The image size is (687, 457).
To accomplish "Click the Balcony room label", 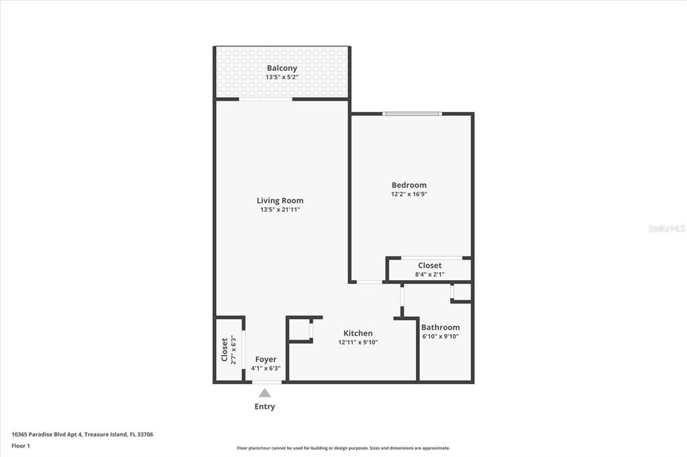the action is pyautogui.click(x=282, y=68).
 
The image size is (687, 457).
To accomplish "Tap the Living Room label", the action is pyautogui.click(x=280, y=200).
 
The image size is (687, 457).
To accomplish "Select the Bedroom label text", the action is pyautogui.click(x=409, y=185).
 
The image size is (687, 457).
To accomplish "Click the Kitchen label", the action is pyautogui.click(x=358, y=333).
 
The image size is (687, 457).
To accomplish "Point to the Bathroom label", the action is pyautogui.click(x=440, y=328).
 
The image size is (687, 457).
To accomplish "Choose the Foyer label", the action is pyautogui.click(x=266, y=359).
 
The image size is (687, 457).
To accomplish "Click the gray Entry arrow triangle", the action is pyautogui.click(x=264, y=393).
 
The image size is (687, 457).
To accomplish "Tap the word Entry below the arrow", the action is pyautogui.click(x=264, y=407).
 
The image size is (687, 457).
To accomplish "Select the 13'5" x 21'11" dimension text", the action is pyautogui.click(x=280, y=210).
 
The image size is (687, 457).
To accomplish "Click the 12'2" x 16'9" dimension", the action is pyautogui.click(x=409, y=194).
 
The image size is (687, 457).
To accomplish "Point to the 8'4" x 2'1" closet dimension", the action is pyautogui.click(x=430, y=275).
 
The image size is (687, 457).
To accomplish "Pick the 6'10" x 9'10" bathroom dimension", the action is pyautogui.click(x=440, y=336).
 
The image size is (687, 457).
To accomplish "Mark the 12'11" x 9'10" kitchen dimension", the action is pyautogui.click(x=358, y=342).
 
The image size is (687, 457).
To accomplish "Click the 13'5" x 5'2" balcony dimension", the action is pyautogui.click(x=282, y=77).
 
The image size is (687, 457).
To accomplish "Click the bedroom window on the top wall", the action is pyautogui.click(x=412, y=114).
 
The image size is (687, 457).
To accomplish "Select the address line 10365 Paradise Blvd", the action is pyautogui.click(x=83, y=435).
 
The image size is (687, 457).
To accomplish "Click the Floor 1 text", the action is pyautogui.click(x=21, y=446).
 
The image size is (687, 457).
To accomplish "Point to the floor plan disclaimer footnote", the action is pyautogui.click(x=343, y=448).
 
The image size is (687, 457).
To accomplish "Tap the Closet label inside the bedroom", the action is pyautogui.click(x=430, y=266).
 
